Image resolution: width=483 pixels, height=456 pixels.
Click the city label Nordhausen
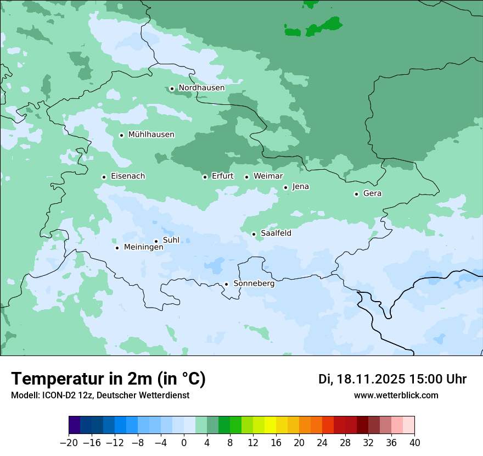(201, 88)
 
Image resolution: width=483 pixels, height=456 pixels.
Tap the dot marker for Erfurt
(205, 177)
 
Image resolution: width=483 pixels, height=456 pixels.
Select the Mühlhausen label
(151, 135)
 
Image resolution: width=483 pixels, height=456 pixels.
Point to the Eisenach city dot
(104, 177)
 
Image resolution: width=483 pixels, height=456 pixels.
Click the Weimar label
(268, 176)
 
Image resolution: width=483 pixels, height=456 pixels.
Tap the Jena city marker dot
(285, 187)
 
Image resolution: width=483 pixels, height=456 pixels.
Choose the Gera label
(372, 193)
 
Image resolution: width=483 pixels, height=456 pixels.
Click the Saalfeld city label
(276, 233)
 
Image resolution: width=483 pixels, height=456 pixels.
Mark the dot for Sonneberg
(226, 284)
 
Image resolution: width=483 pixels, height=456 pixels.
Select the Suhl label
(171, 240)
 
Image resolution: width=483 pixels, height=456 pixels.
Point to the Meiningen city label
(143, 248)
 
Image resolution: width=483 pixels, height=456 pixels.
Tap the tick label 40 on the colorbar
(414, 443)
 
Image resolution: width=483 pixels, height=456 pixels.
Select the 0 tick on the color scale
(184, 443)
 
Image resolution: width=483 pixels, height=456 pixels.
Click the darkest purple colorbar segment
(75, 425)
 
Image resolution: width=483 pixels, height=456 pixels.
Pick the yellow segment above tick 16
(270, 425)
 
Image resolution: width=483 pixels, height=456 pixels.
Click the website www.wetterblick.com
(396, 396)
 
